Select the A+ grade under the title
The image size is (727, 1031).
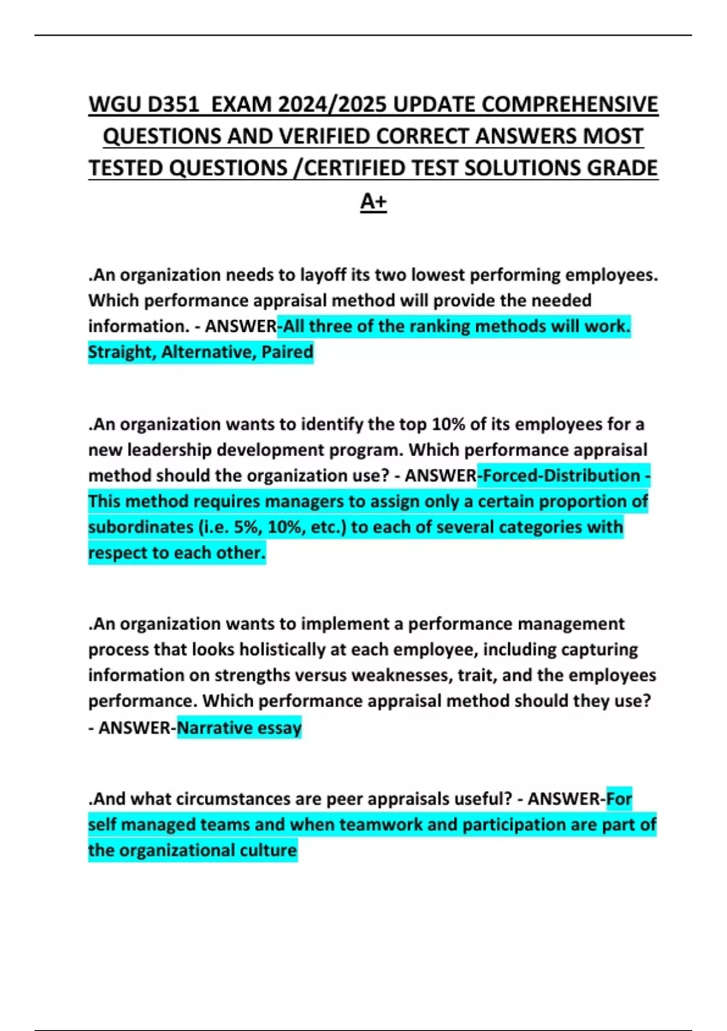(373, 201)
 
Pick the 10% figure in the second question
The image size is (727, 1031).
(448, 425)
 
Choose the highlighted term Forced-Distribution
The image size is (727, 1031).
(562, 475)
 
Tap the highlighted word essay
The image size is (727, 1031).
(279, 727)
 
